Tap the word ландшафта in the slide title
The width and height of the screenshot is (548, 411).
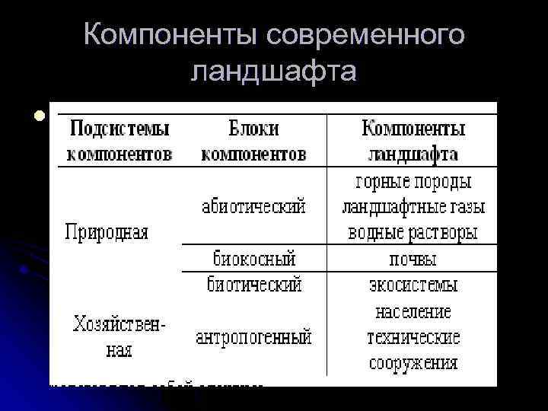[274, 71]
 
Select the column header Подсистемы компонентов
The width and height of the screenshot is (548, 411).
[119, 140]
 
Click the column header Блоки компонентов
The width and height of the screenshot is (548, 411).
[253, 140]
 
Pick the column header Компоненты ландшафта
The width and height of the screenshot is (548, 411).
[413, 140]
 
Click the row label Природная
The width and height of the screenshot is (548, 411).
[107, 231]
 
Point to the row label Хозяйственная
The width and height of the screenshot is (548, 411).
[120, 337]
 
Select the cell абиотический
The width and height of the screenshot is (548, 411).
[254, 206]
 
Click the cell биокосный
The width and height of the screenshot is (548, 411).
[254, 257]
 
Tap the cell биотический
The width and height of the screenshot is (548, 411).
[254, 285]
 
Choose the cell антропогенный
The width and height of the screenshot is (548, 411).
[254, 336]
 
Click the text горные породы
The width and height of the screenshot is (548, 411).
[413, 182]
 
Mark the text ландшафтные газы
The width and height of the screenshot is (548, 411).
[413, 207]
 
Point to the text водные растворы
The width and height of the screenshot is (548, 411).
[413, 232]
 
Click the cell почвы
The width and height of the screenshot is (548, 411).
[413, 259]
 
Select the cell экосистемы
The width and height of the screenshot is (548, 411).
[413, 285]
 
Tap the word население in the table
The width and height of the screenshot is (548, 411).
[413, 311]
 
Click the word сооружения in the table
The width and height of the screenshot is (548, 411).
[413, 362]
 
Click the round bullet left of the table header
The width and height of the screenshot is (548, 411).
[37, 117]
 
